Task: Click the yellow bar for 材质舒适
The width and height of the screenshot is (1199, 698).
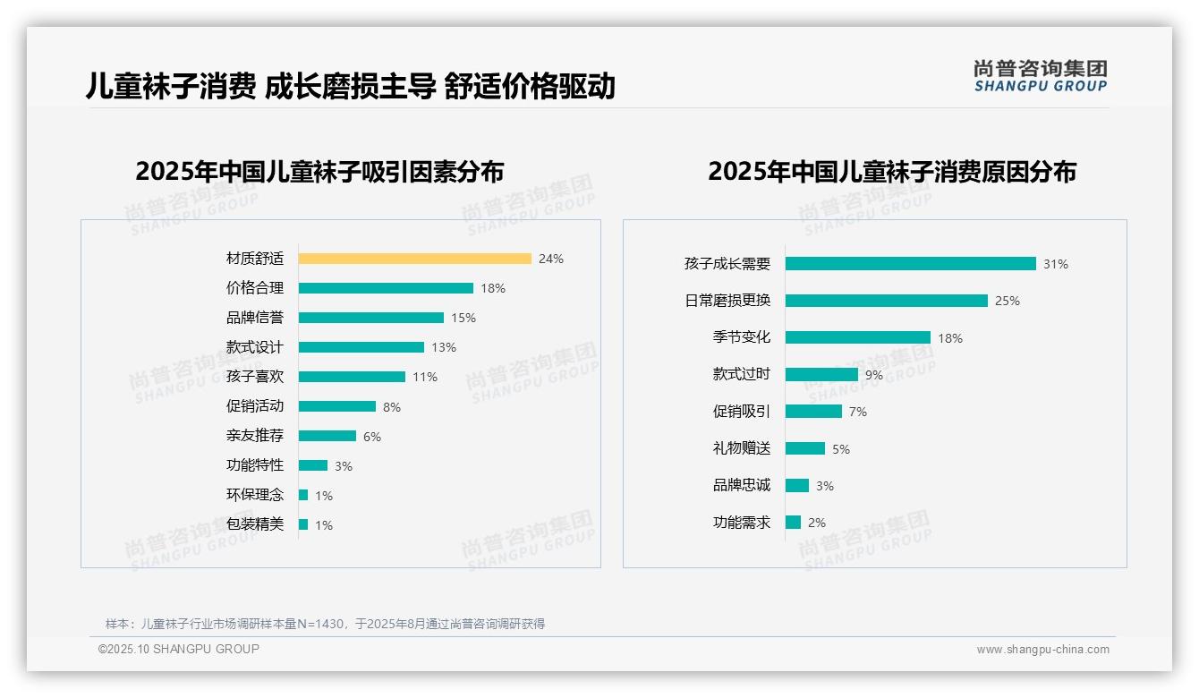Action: click(x=414, y=259)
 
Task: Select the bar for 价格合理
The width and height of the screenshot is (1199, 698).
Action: click(x=386, y=288)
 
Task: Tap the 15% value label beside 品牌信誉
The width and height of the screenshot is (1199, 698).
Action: click(x=463, y=318)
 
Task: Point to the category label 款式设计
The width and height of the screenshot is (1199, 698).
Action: click(x=255, y=347)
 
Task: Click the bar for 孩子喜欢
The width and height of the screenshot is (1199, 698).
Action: click(x=352, y=377)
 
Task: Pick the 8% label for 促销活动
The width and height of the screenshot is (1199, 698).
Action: click(x=392, y=407)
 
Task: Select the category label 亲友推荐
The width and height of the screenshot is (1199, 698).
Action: click(x=255, y=436)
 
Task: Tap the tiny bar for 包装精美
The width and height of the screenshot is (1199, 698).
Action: click(x=303, y=524)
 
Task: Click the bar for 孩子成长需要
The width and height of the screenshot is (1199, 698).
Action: click(x=910, y=264)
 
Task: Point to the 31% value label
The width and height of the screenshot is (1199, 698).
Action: click(x=1056, y=264)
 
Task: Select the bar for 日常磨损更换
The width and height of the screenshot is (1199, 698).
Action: click(x=886, y=301)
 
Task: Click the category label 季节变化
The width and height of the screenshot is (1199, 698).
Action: click(x=742, y=337)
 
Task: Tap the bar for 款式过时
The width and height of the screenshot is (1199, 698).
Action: click(x=821, y=375)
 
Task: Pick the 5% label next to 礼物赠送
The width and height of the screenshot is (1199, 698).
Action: click(x=841, y=449)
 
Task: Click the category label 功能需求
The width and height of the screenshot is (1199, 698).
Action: click(x=742, y=523)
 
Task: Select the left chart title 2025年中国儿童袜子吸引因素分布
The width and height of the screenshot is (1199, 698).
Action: click(x=319, y=171)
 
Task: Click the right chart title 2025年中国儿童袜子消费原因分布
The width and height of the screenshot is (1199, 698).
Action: click(x=891, y=171)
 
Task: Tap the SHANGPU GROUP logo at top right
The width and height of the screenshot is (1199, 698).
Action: click(x=1041, y=76)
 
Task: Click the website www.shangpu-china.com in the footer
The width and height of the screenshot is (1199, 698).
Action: click(x=1042, y=650)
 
